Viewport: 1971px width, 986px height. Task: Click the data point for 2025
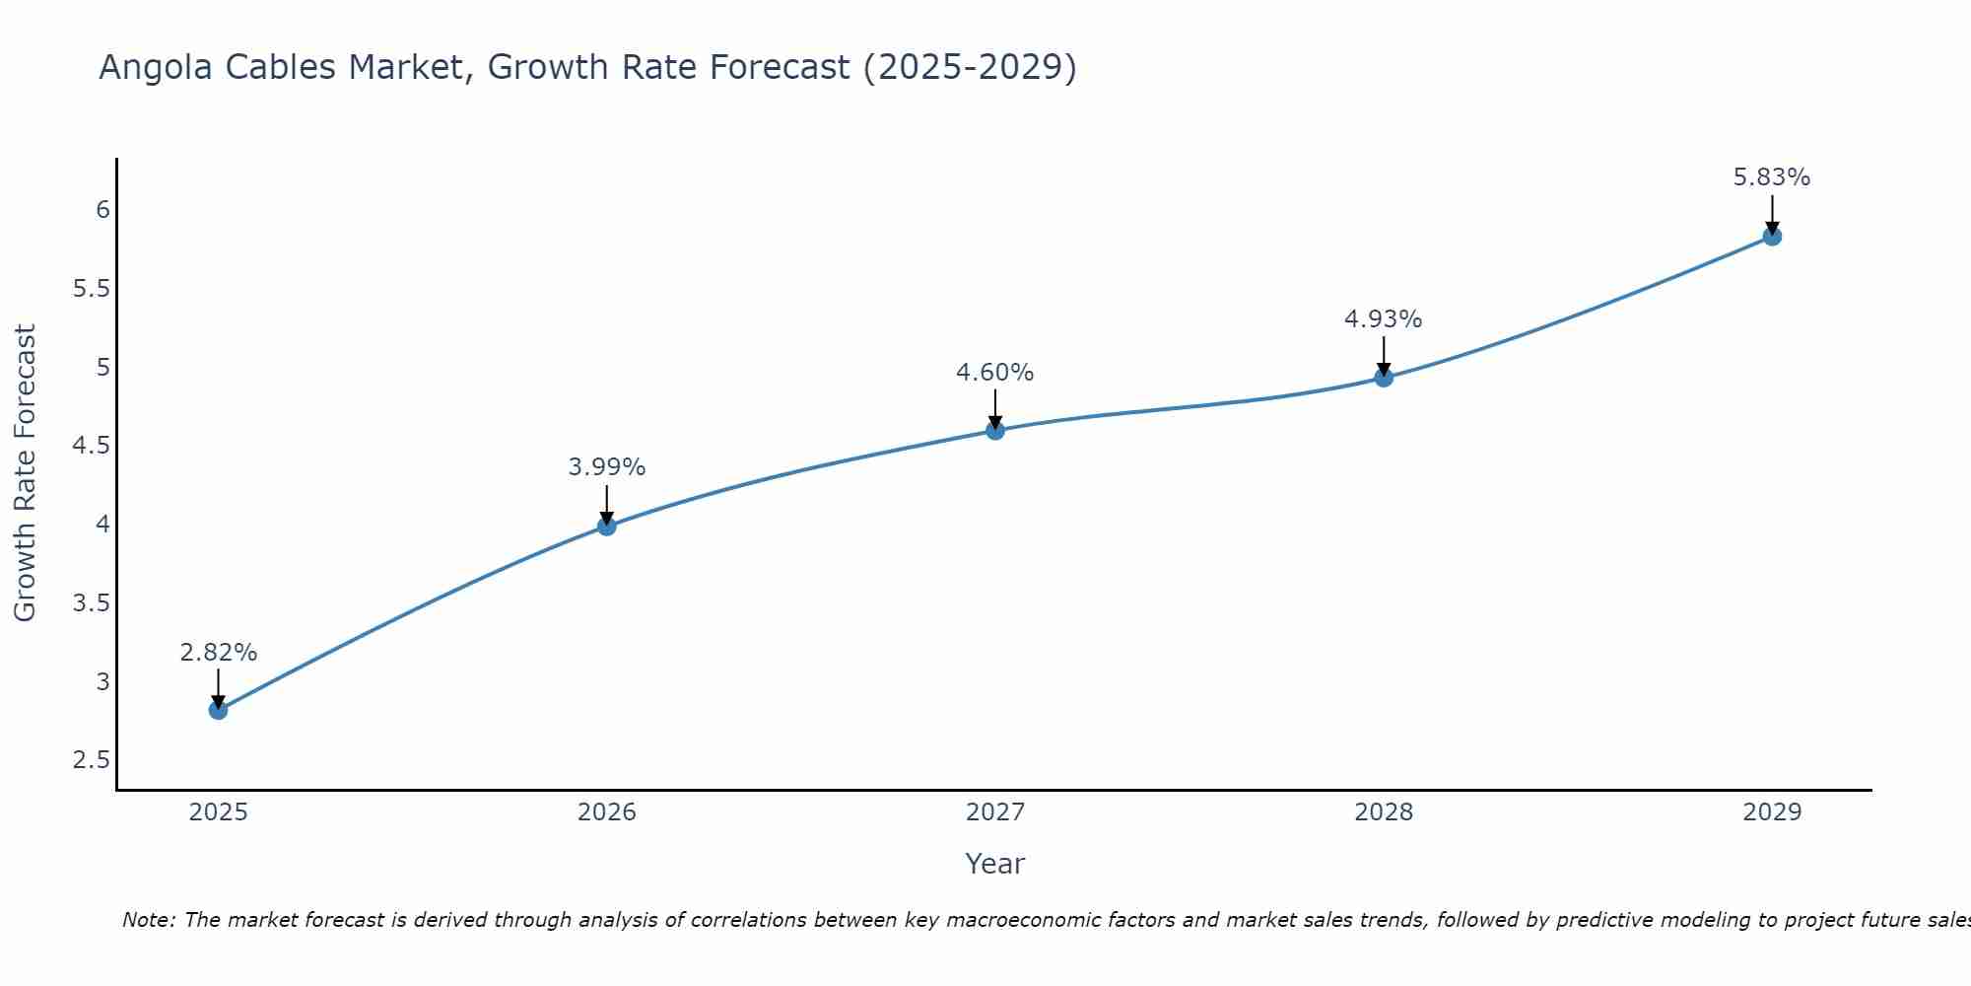(x=219, y=710)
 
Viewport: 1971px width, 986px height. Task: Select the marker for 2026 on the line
(x=607, y=527)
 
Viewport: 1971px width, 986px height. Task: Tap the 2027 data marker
(x=995, y=430)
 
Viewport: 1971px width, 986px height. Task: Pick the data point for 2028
(x=1384, y=378)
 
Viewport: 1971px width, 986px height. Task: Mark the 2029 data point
(x=1772, y=237)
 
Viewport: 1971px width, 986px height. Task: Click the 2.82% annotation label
(x=219, y=653)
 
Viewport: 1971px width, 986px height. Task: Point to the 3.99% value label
(x=607, y=467)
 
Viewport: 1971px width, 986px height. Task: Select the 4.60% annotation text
(x=995, y=373)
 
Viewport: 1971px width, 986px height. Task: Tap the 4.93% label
(x=1384, y=319)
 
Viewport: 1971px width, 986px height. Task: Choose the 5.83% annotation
(x=1772, y=177)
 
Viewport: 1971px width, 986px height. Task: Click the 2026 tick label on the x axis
(x=607, y=812)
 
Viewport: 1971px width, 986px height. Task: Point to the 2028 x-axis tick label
(x=1384, y=812)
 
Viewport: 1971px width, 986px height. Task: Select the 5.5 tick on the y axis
(x=91, y=289)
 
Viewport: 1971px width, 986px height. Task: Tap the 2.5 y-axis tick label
(x=91, y=760)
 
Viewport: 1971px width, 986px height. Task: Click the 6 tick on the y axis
(x=102, y=210)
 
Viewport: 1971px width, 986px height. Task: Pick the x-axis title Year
(x=995, y=864)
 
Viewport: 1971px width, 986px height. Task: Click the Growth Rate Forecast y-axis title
(x=26, y=473)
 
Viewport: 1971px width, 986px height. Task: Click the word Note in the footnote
(x=148, y=920)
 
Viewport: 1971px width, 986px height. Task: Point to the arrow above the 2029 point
(x=1772, y=212)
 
